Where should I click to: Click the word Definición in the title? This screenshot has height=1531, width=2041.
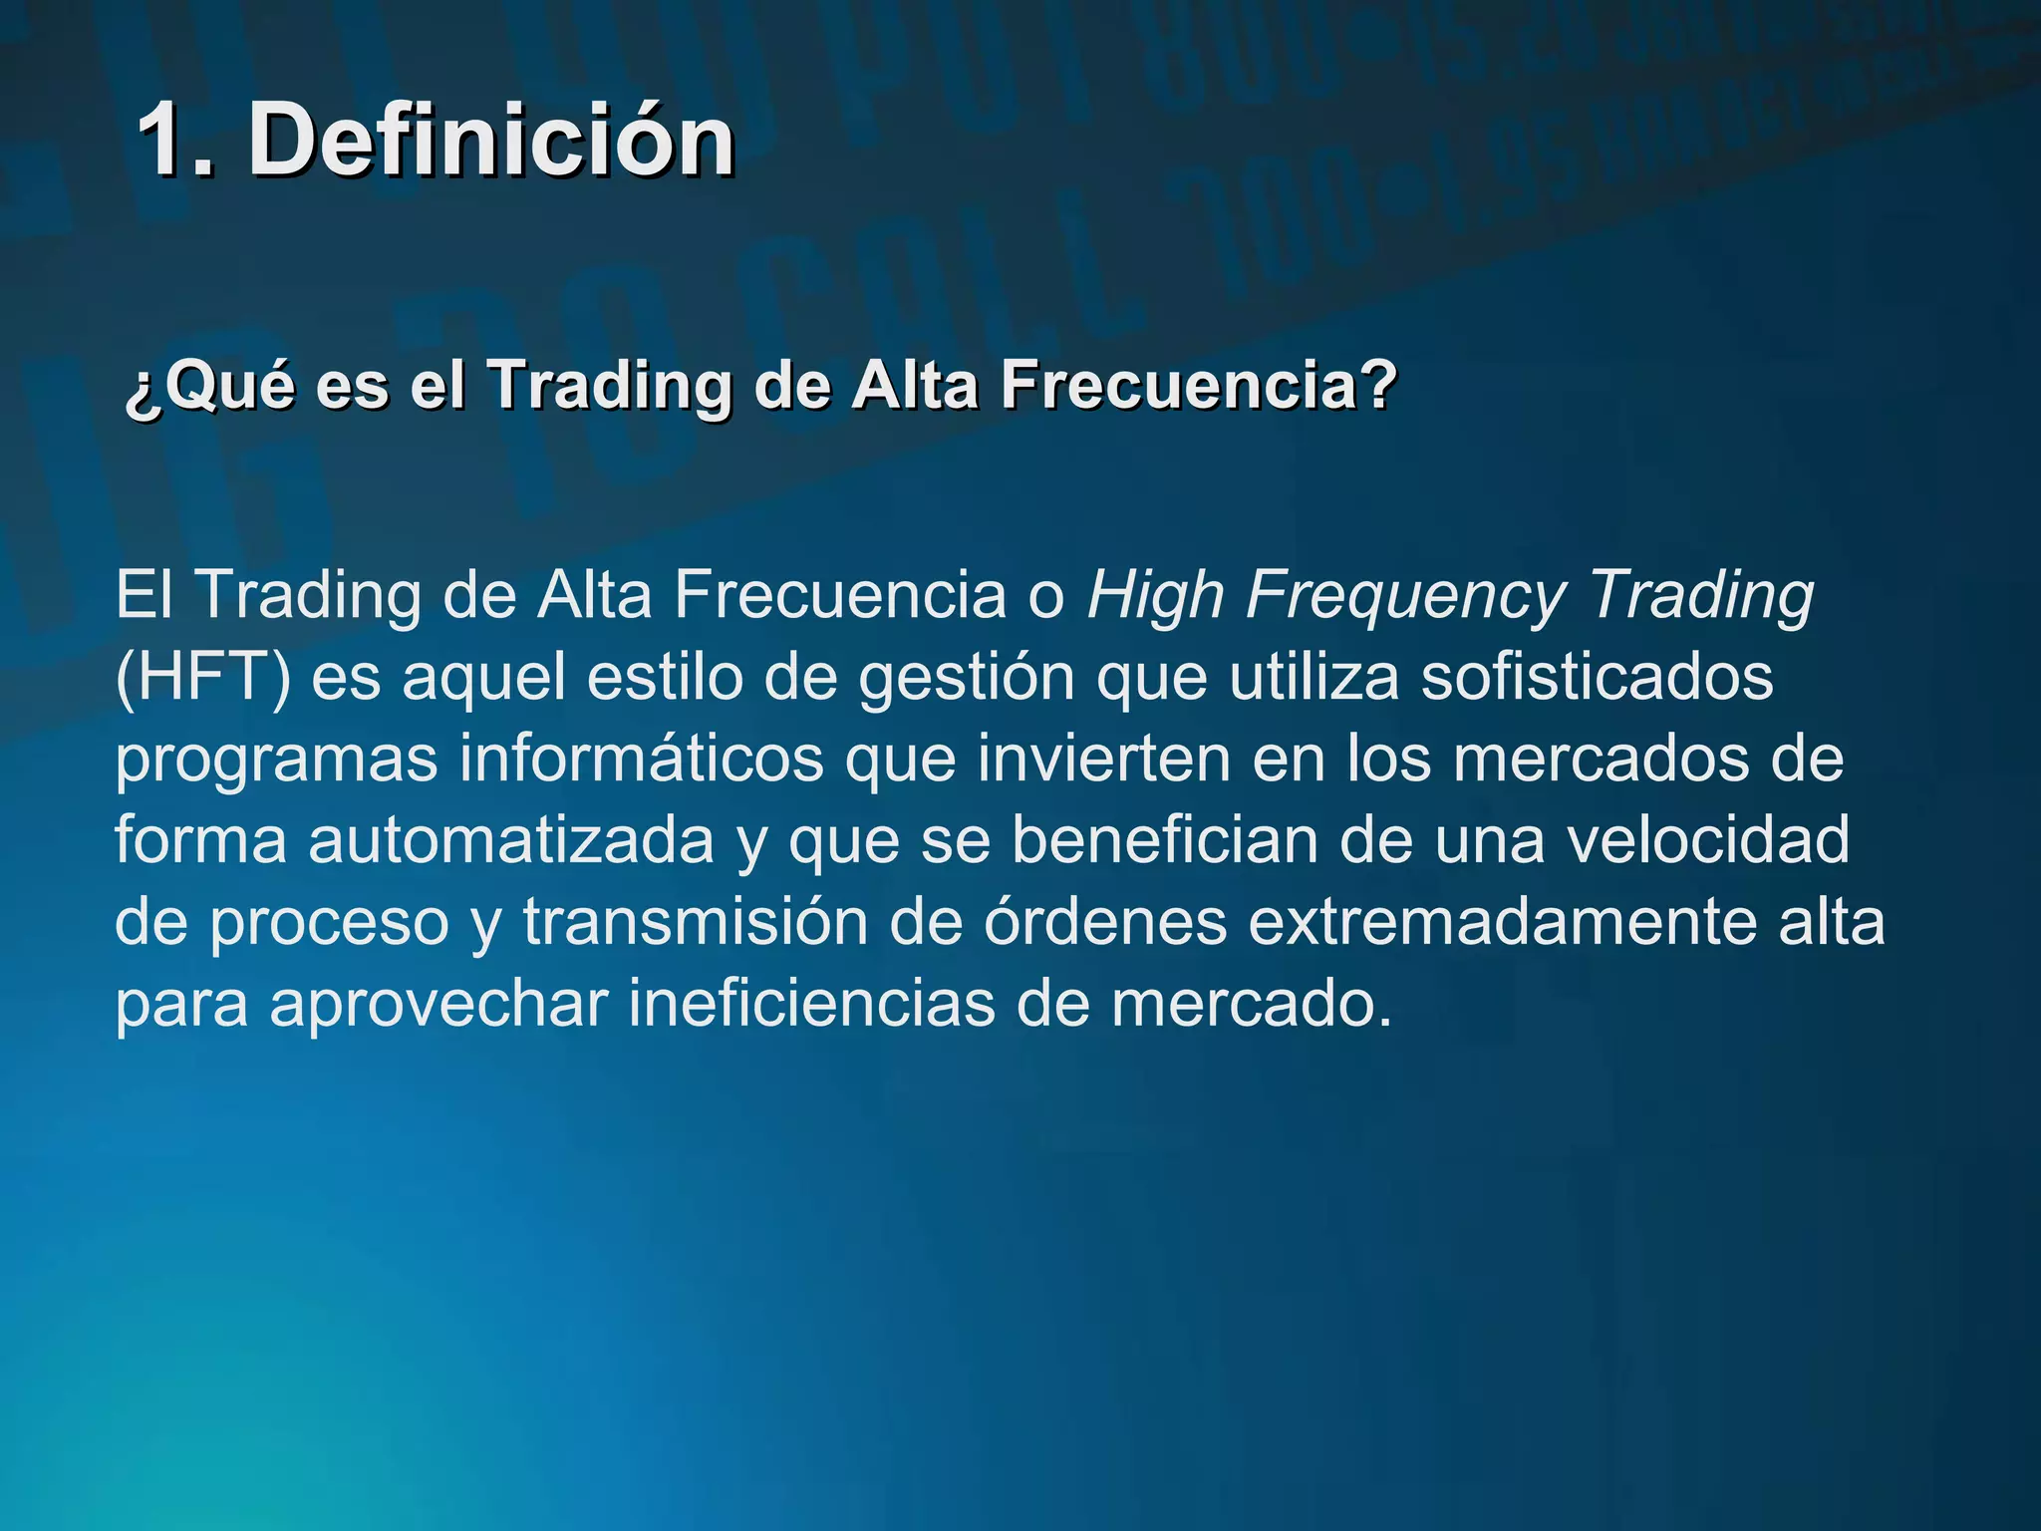pyautogui.click(x=491, y=141)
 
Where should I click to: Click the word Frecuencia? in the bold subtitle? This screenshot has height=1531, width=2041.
pyautogui.click(x=1199, y=385)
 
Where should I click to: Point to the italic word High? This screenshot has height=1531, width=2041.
pyautogui.click(x=1155, y=596)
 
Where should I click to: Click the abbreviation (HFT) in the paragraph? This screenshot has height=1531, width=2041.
pyautogui.click(x=203, y=678)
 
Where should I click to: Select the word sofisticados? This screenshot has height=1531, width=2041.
pyautogui.click(x=1597, y=678)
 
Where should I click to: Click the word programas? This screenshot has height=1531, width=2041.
pyautogui.click(x=276, y=760)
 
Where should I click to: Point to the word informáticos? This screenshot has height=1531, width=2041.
pyautogui.click(x=641, y=760)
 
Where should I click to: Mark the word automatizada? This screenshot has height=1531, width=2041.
pyautogui.click(x=511, y=840)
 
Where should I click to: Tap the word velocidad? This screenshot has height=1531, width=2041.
pyautogui.click(x=1707, y=840)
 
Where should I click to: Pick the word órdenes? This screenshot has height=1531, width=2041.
pyautogui.click(x=1105, y=922)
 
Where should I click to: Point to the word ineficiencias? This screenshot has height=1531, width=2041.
pyautogui.click(x=811, y=1004)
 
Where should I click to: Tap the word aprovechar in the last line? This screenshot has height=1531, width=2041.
pyautogui.click(x=438, y=1004)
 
